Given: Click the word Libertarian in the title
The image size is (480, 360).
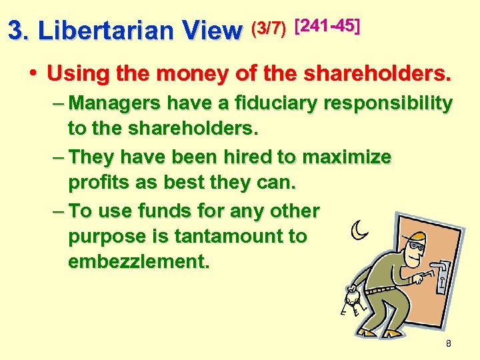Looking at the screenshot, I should point(109,30).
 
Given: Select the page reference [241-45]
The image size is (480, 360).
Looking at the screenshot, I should point(327,27).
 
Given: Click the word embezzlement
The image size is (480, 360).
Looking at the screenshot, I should point(139,261).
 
